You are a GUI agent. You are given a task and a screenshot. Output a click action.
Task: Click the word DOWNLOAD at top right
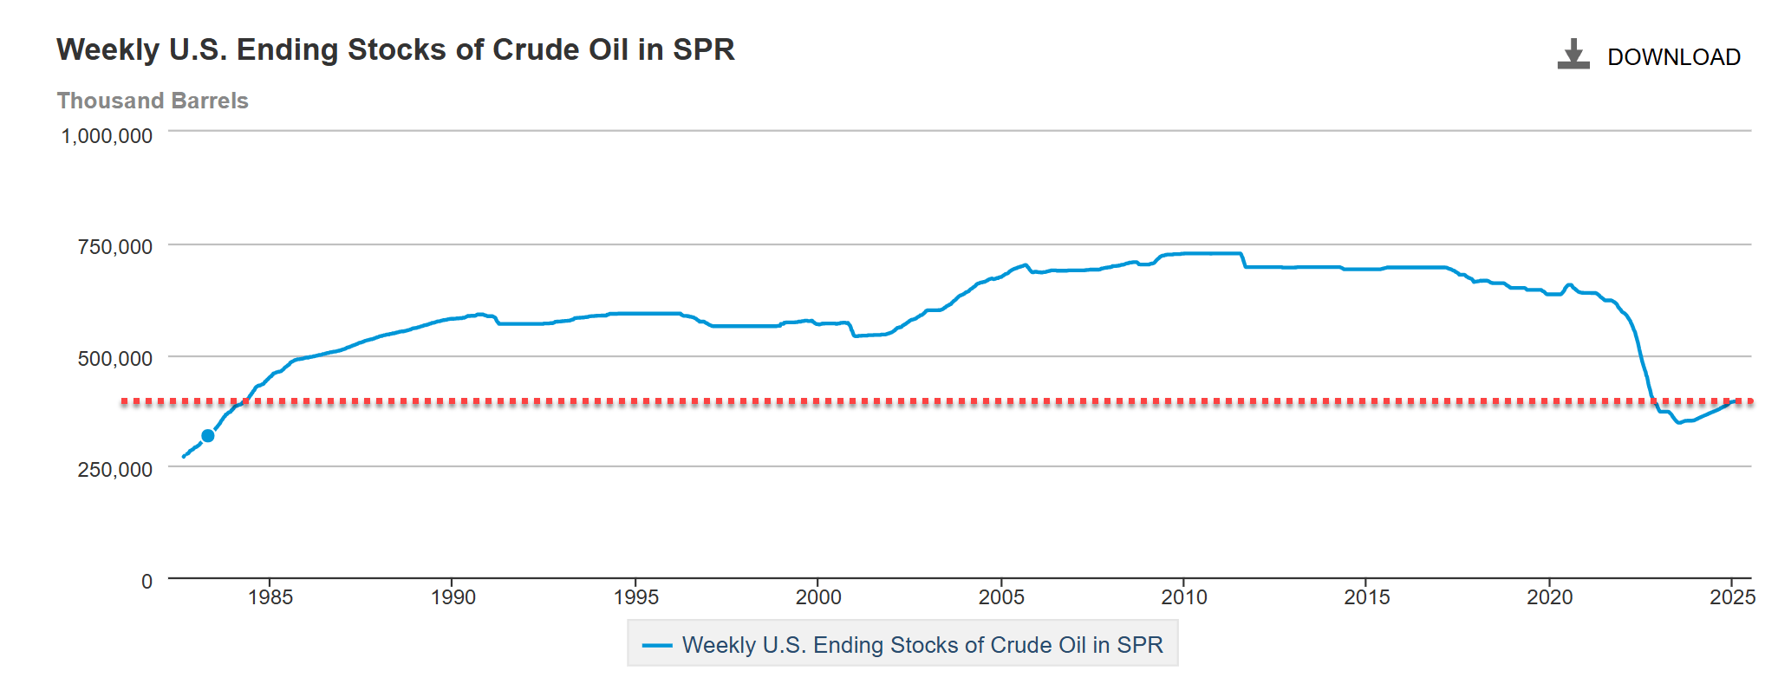coord(1673,57)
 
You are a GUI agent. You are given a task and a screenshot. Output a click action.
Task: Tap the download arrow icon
coord(1573,54)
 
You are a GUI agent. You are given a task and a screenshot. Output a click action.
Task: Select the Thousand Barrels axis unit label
coord(153,101)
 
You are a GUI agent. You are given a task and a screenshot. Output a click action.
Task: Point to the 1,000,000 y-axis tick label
coord(107,136)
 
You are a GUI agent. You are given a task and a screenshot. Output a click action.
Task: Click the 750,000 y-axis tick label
coord(114,247)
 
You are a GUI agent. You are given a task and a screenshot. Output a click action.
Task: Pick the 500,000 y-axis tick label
coord(114,358)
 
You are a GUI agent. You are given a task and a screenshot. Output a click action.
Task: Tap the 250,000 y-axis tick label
coord(114,469)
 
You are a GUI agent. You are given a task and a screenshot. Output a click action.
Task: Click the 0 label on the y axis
coord(147,581)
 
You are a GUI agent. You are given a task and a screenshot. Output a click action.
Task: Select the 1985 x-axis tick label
coord(270,597)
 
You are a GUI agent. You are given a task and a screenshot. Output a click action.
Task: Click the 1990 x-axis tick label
coord(453,597)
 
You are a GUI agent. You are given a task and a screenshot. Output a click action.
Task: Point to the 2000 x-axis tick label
coord(818,597)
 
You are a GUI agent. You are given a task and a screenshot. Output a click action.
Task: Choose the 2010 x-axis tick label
coord(1184,597)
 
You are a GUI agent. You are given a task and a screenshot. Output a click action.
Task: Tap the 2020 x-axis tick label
coord(1549,597)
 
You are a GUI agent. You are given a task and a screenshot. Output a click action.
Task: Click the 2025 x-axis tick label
coord(1732,597)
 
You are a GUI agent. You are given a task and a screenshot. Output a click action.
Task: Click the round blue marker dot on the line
coord(208,436)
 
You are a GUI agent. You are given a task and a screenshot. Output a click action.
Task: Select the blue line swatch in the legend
coord(657,645)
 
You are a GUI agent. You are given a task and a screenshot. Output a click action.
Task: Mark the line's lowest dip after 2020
coord(1679,422)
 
